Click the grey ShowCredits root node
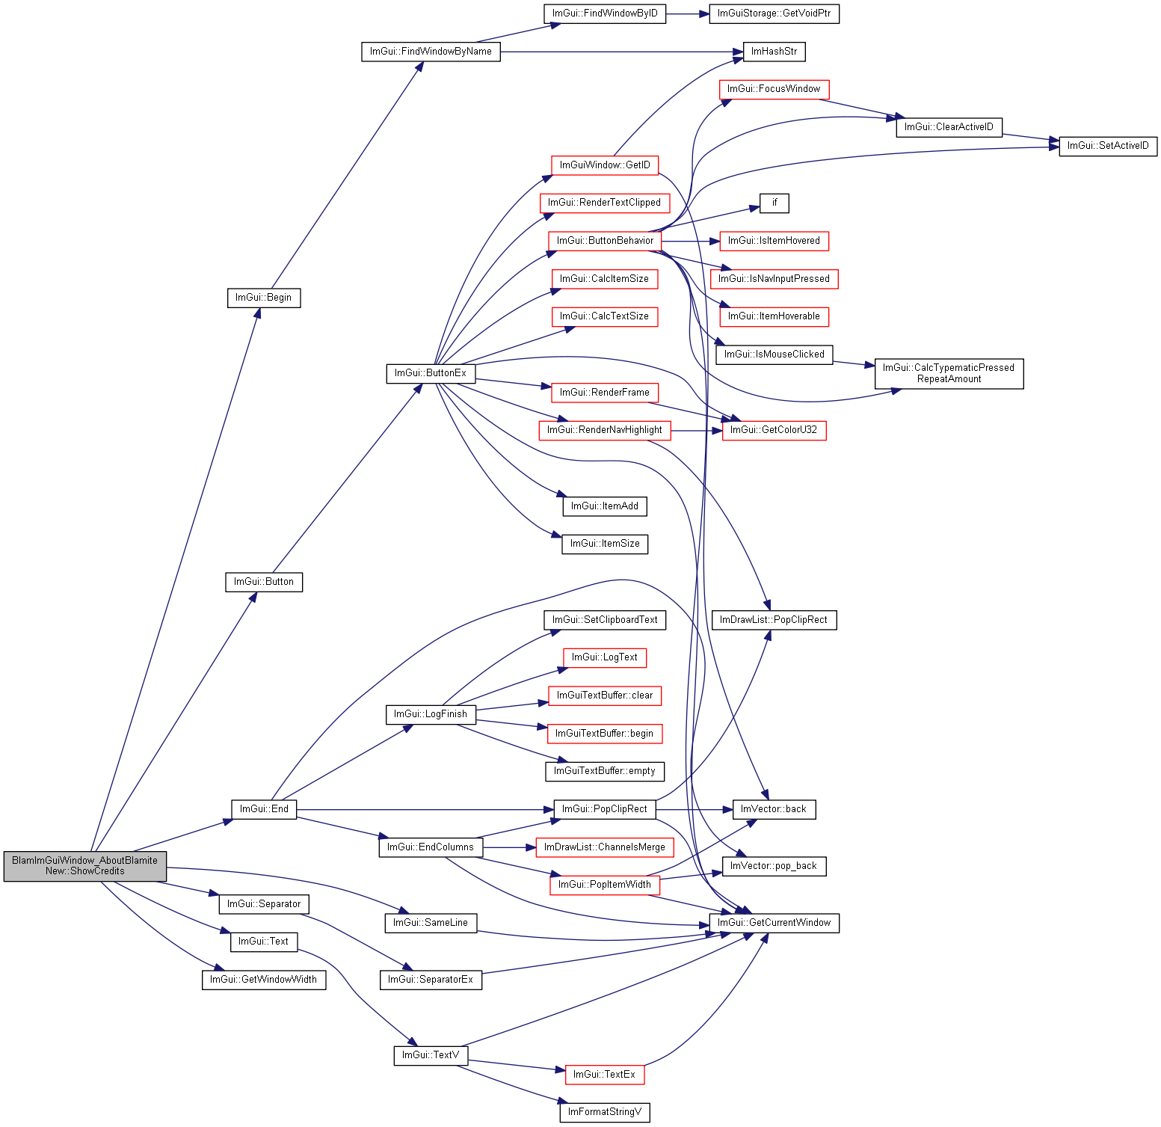[84, 866]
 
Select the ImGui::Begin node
[264, 298]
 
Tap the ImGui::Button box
[264, 582]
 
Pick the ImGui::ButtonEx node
[431, 373]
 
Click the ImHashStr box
[774, 52]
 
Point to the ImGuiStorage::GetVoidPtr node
[774, 13]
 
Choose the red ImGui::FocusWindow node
[774, 89]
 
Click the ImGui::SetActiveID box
[1108, 146]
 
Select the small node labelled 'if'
[774, 203]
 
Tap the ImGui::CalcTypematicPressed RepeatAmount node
[949, 373]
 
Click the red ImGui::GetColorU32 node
[774, 430]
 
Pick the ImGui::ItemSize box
[605, 544]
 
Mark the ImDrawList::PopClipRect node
[774, 620]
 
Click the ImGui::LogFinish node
[431, 714]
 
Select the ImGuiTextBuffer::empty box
[605, 771]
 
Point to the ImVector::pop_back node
[774, 866]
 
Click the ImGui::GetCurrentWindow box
[774, 923]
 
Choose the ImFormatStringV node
[605, 1112]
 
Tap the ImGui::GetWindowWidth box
[264, 980]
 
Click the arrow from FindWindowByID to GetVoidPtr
[687, 13]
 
